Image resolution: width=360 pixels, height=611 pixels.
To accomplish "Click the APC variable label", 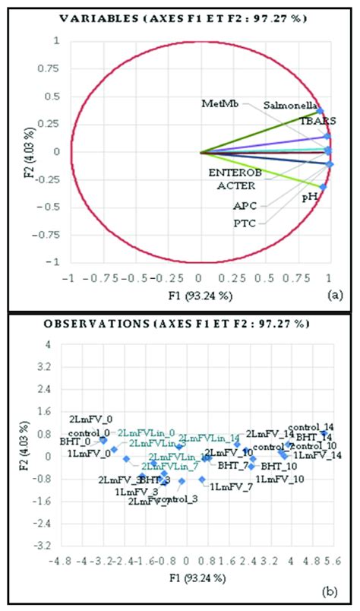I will click(247, 205).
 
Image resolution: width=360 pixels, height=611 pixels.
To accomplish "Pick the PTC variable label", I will click(247, 223).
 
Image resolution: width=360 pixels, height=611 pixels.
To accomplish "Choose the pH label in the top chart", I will click(310, 197).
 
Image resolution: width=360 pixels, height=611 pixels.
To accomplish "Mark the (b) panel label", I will click(335, 590).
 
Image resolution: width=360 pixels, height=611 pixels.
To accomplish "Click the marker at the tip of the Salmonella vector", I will click(321, 111).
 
